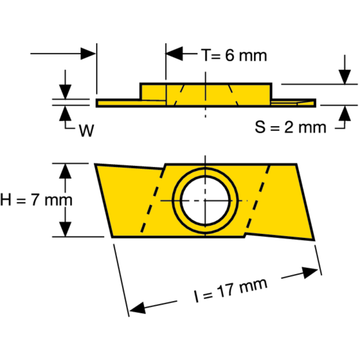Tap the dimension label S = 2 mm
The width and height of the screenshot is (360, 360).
291,127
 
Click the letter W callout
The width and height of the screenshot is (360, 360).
86,130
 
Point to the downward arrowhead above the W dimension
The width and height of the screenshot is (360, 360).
66,92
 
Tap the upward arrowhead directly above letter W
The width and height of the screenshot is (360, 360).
66,112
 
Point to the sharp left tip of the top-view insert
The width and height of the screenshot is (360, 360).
95,165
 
